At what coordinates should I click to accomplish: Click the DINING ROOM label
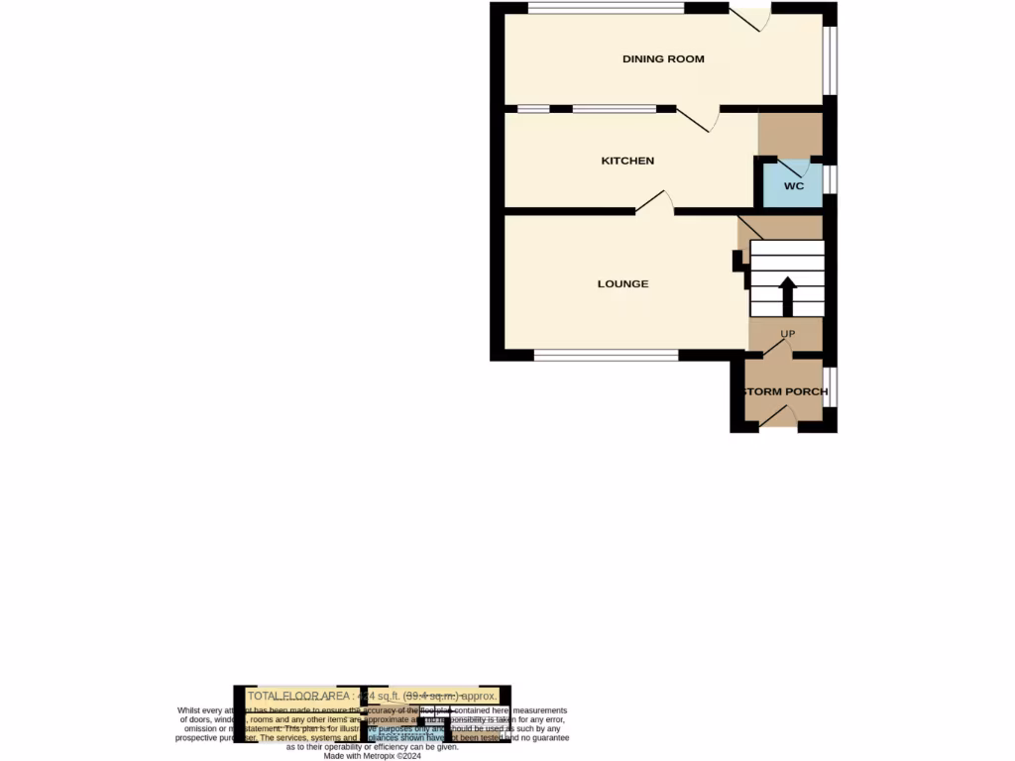(x=663, y=59)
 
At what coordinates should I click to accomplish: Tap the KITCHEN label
(x=627, y=161)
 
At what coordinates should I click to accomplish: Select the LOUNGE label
(x=622, y=284)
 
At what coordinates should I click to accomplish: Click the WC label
(x=793, y=186)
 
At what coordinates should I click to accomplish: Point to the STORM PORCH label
(x=785, y=391)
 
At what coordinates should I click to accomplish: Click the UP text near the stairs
(x=788, y=334)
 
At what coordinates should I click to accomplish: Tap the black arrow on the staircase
(x=788, y=294)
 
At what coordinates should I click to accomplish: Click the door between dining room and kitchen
(x=700, y=118)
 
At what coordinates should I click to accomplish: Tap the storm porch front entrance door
(x=779, y=420)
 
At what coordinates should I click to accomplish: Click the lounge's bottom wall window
(x=606, y=355)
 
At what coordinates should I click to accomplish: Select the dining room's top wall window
(x=606, y=8)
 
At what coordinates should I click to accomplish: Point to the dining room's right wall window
(x=831, y=61)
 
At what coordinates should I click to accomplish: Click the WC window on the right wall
(x=831, y=179)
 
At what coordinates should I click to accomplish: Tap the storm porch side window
(x=831, y=387)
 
